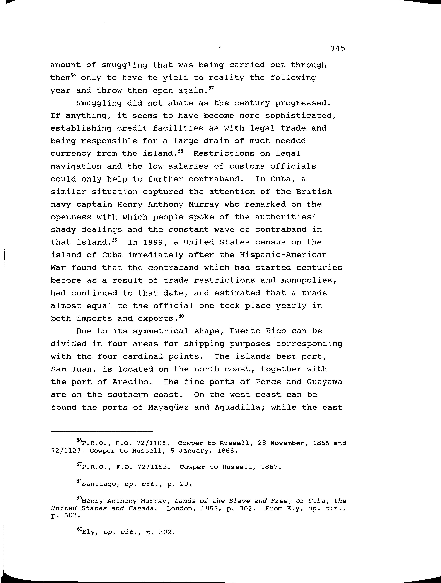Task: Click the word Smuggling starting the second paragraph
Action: tap(99, 103)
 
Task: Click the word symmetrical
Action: tap(161, 331)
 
